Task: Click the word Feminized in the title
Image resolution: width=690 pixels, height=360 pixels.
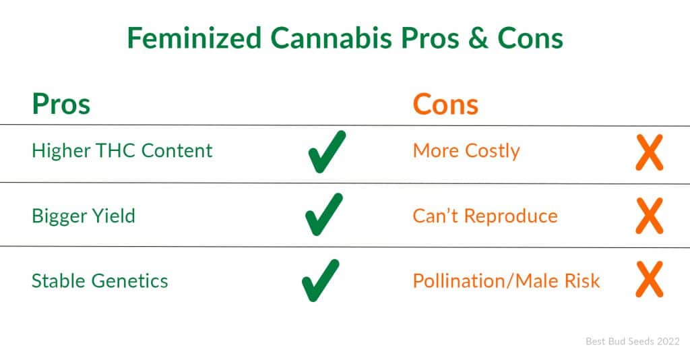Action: [194, 38]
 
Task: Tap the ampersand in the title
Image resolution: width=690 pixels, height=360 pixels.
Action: [478, 38]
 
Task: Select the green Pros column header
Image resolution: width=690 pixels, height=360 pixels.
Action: [61, 104]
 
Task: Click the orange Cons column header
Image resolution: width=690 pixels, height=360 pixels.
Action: [445, 104]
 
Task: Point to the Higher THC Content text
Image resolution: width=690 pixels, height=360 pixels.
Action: [123, 150]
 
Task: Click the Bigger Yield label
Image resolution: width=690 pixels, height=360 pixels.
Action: [84, 216]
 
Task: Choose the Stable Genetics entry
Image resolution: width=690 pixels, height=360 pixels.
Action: [100, 280]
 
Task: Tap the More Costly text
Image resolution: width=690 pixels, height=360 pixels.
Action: [466, 151]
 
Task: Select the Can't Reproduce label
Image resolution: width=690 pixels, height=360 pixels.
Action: [485, 216]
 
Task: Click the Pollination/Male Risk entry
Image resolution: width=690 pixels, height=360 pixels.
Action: [507, 280]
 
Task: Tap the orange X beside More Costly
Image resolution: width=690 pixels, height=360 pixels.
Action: [650, 152]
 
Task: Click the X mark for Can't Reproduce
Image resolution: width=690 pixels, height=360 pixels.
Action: [650, 216]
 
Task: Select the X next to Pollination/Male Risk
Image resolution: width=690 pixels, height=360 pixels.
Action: [650, 280]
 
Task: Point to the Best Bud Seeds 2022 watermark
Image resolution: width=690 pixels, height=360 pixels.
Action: [633, 341]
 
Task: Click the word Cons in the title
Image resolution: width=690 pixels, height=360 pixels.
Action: [530, 38]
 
